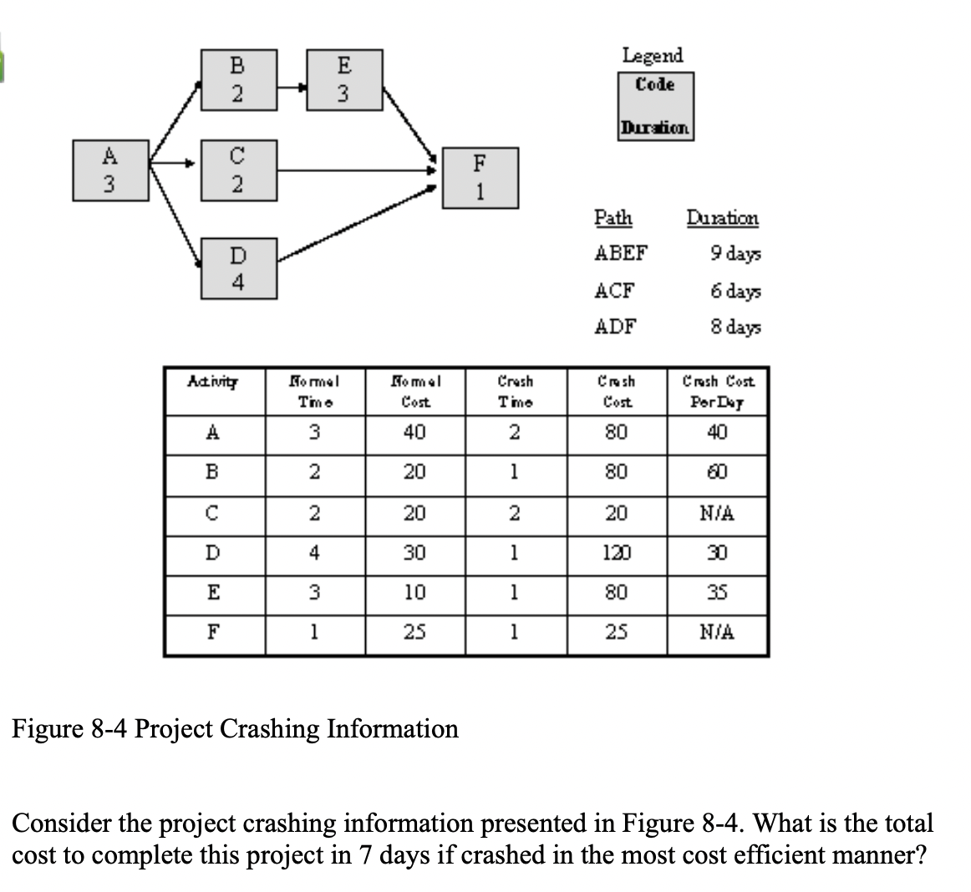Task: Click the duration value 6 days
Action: click(x=736, y=291)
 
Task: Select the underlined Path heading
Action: click(x=613, y=219)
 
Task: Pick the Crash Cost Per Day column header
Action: click(x=718, y=390)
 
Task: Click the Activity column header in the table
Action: click(x=213, y=383)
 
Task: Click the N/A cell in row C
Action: click(x=718, y=513)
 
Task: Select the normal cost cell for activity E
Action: click(x=414, y=593)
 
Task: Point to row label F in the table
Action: click(x=214, y=632)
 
